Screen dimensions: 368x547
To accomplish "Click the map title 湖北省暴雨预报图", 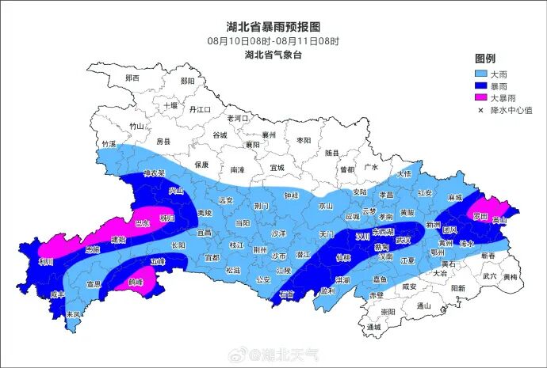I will [273, 27].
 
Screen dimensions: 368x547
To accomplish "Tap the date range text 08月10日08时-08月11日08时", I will [273, 40].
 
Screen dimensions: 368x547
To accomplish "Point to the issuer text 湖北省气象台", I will [273, 55].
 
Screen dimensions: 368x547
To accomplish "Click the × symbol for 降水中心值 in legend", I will [480, 111].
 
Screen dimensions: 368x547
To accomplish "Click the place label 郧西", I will [132, 78].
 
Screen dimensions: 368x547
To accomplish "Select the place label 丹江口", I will [199, 110].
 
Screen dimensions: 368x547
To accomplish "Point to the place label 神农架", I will [154, 173].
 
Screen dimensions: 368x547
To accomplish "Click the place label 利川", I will [46, 261].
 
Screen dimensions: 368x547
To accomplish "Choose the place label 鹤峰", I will [136, 282].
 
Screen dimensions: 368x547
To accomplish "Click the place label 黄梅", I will [510, 277].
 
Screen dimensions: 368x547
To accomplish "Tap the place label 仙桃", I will [343, 257].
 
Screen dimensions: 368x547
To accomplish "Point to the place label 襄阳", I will [252, 145].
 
